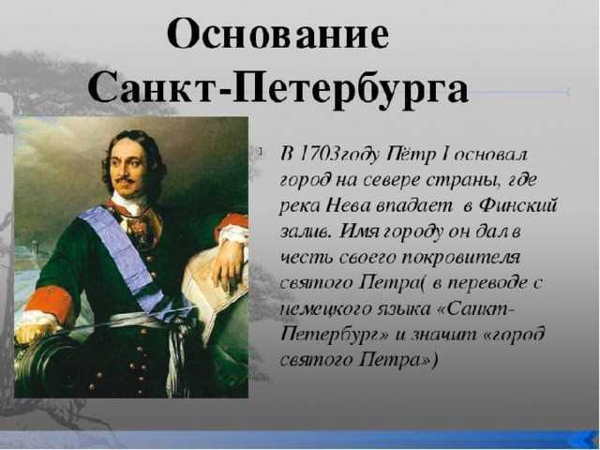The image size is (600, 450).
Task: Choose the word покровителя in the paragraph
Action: click(460, 257)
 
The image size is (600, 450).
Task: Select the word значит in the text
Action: click(443, 335)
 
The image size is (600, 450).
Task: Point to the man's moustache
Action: click(125, 179)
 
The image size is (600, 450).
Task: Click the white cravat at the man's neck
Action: click(129, 203)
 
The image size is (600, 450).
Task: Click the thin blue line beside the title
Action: click(519, 92)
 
